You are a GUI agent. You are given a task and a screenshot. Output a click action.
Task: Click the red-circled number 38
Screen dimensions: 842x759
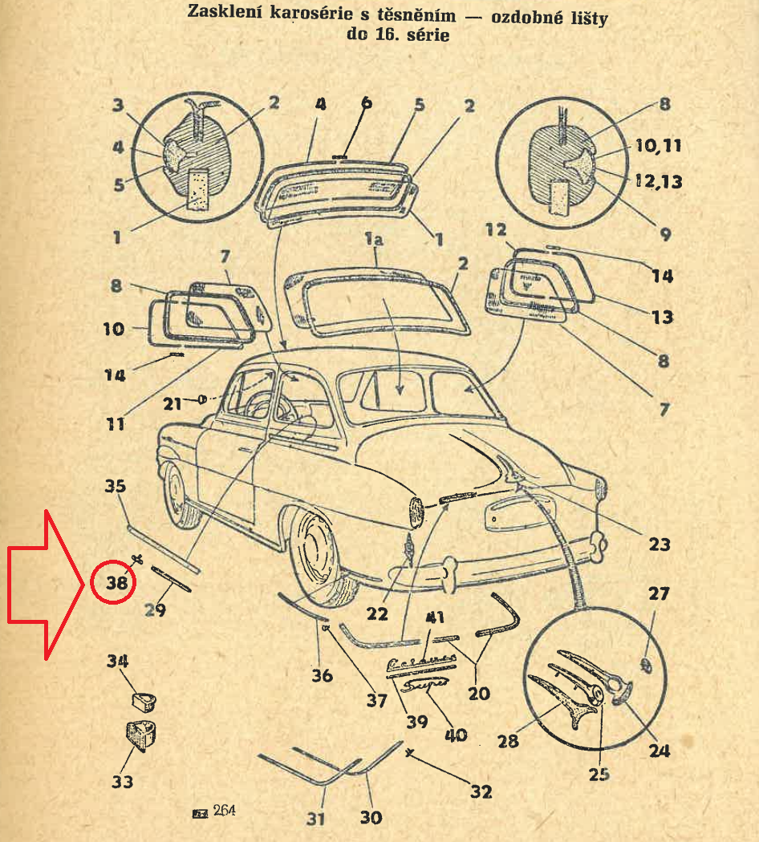click(117, 584)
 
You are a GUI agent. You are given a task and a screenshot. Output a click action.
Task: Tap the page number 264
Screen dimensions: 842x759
click(225, 812)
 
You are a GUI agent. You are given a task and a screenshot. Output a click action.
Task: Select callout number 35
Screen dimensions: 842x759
click(116, 486)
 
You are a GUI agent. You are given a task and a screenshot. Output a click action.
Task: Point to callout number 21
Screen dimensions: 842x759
click(172, 403)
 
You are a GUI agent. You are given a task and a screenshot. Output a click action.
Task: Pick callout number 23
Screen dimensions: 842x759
click(660, 544)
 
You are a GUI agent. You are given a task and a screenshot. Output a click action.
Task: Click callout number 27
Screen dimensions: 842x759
click(658, 594)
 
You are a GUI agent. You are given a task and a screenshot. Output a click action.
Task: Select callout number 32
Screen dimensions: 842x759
click(481, 791)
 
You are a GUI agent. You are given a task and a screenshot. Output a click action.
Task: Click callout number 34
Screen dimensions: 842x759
click(118, 662)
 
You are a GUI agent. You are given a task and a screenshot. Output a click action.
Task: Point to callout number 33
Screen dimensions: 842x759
click(122, 781)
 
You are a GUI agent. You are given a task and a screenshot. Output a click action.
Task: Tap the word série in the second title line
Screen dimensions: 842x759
click(424, 35)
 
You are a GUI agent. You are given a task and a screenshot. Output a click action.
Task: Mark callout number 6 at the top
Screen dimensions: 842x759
click(366, 103)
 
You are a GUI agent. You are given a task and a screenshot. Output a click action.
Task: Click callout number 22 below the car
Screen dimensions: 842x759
click(376, 615)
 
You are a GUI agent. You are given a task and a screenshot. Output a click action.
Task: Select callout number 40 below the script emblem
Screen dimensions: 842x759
click(457, 735)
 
